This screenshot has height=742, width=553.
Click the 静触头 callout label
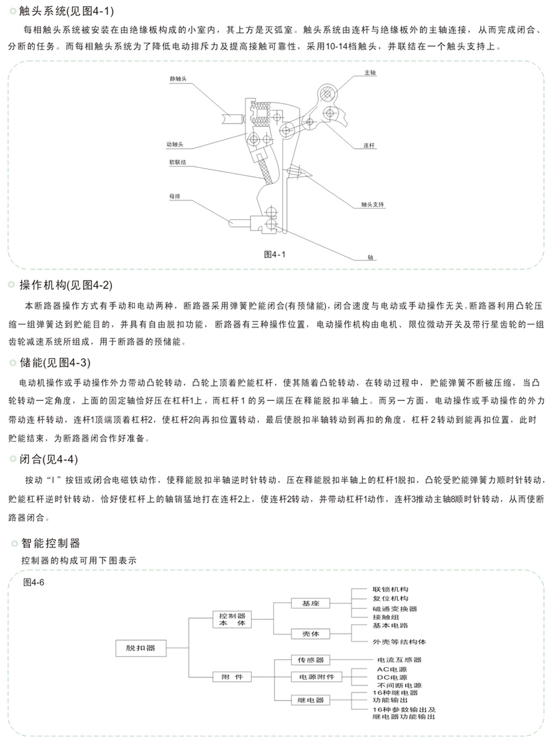[178, 79]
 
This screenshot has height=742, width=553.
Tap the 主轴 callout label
[370, 73]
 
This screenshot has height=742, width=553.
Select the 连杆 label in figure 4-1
[369, 145]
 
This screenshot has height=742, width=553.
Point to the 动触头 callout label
[175, 144]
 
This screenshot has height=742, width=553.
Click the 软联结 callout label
[178, 162]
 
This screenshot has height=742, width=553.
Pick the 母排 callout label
[175, 196]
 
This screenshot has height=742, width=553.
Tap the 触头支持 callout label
[372, 204]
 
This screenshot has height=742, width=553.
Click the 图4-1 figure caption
[275, 255]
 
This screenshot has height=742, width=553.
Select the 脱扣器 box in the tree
[141, 648]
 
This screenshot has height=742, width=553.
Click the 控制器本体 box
[232, 620]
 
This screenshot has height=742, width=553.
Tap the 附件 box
[232, 677]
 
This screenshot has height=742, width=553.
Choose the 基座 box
[310, 603]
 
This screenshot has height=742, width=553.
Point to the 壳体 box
[310, 634]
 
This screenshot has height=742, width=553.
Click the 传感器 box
[310, 660]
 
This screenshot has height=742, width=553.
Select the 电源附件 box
[316, 677]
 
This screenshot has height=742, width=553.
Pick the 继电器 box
[310, 700]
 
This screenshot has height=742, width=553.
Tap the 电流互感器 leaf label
[399, 660]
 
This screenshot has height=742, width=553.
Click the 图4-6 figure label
[34, 582]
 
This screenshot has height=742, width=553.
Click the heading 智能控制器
[50, 543]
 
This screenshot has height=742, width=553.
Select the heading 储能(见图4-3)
[55, 363]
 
